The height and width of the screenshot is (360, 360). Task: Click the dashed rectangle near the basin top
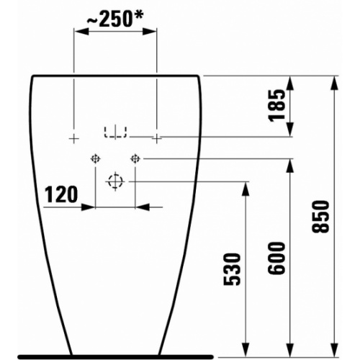click(x=115, y=132)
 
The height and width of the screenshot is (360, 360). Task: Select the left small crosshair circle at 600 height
click(x=95, y=158)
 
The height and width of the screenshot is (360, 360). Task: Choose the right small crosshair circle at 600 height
click(x=135, y=158)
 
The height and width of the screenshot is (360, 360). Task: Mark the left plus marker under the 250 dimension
click(x=73, y=136)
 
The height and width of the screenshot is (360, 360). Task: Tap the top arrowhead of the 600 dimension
click(x=292, y=164)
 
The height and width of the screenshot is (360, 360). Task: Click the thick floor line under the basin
click(x=115, y=355)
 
